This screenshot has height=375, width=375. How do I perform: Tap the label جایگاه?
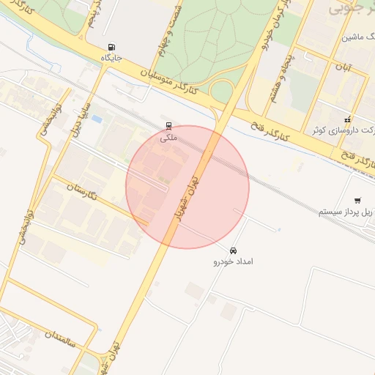pyautogui.click(x=111, y=57)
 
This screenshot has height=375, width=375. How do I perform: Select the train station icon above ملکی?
pyautogui.click(x=169, y=126)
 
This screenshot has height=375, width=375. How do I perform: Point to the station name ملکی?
pyautogui.click(x=169, y=138)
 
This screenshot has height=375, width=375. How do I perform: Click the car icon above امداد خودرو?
pyautogui.click(x=233, y=250)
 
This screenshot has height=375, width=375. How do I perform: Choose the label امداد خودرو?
pyautogui.click(x=233, y=261)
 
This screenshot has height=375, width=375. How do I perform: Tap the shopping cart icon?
pyautogui.click(x=357, y=200)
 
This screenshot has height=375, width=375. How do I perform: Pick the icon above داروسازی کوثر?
pyautogui.click(x=348, y=119)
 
